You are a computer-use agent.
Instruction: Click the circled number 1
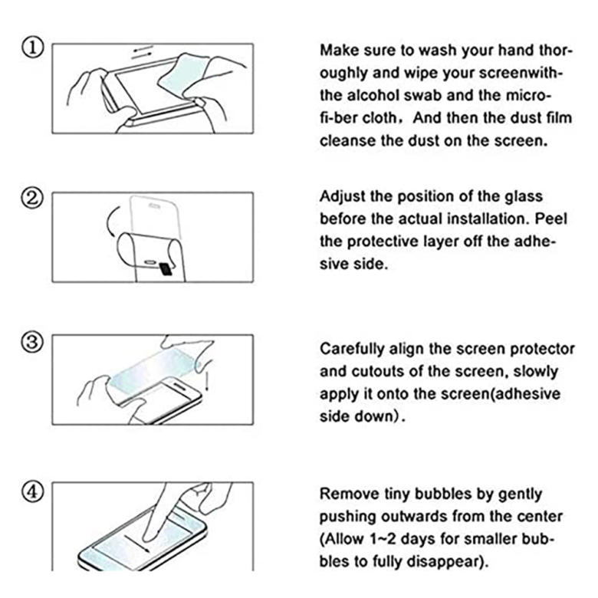coord(32,48)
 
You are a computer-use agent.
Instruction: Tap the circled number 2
coord(32,199)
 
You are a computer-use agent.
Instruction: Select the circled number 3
coord(32,342)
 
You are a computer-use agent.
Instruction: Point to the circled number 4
coord(32,491)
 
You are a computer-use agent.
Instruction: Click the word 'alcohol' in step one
coord(373,95)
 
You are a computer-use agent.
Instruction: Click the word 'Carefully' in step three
coord(352,349)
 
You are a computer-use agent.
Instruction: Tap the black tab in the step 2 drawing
coord(166,268)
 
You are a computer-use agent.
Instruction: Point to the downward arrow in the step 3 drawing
coord(207,382)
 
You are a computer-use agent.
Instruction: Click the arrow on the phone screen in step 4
coord(136,543)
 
